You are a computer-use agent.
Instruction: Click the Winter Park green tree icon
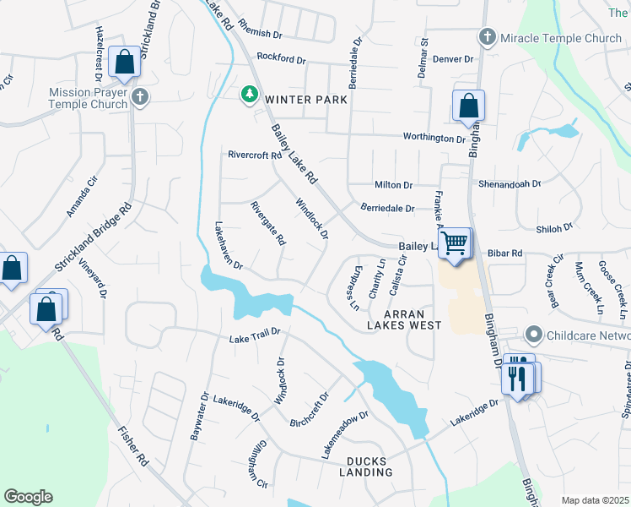point(249,94)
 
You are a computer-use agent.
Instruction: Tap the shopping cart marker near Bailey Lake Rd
point(456,244)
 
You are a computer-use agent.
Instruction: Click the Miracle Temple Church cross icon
point(487,38)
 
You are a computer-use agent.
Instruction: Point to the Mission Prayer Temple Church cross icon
point(141,98)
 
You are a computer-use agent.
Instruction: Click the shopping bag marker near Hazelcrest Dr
point(124,62)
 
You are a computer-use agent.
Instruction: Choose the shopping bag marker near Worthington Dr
point(468,106)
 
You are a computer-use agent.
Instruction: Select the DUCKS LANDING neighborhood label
point(369,466)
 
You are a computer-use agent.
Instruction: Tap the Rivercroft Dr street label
point(254,155)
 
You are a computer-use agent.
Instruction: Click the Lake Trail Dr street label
point(254,339)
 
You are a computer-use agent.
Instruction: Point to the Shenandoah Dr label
point(510,183)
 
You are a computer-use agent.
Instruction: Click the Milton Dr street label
point(394,185)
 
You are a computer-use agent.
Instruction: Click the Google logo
point(29,497)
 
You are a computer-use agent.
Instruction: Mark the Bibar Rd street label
point(505,253)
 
